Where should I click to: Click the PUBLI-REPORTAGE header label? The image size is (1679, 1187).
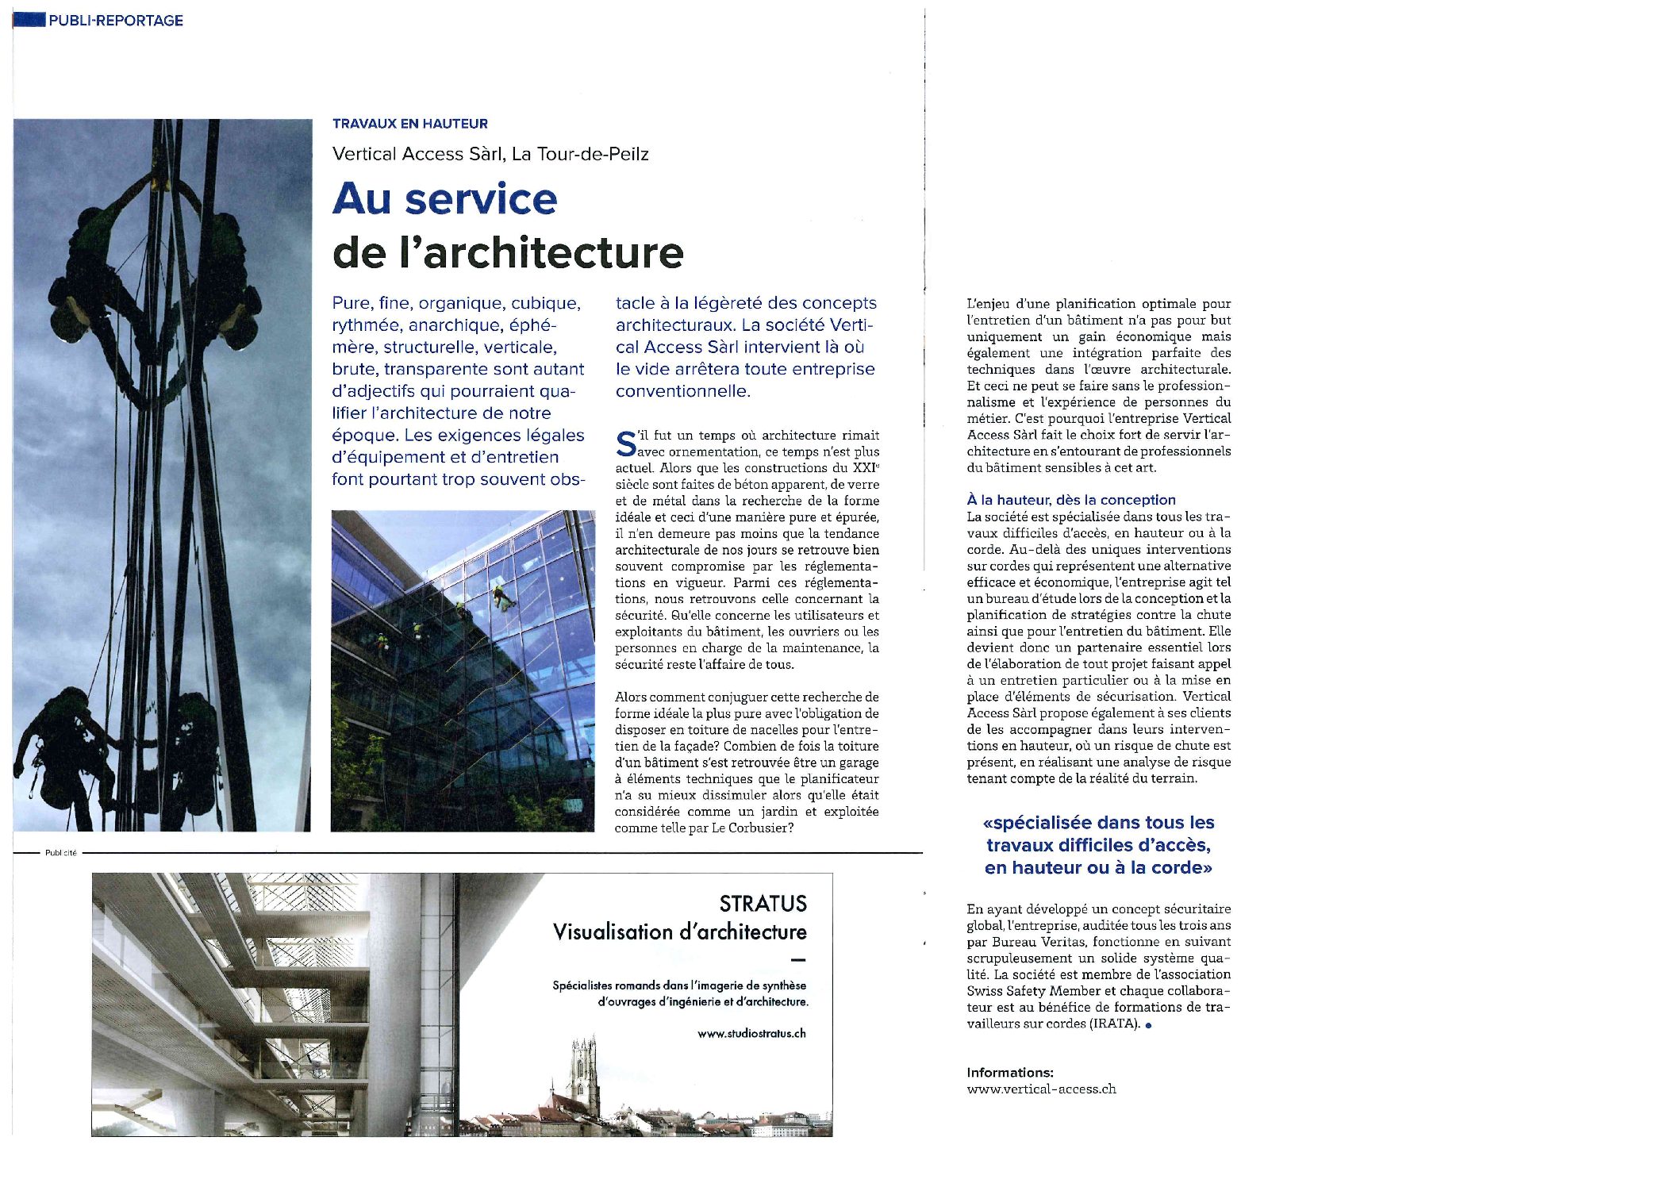pos(115,21)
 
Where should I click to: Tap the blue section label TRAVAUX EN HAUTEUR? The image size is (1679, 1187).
pos(410,124)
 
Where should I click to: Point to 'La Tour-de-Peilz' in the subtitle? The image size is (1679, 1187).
pos(580,154)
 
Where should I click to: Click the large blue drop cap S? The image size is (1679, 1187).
pos(626,444)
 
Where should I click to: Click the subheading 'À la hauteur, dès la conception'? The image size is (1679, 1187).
pos(1070,500)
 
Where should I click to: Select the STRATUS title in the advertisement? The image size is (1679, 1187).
pos(763,904)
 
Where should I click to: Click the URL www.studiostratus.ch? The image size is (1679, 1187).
pos(751,1034)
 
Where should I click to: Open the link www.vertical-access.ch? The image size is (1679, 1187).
pos(1041,1089)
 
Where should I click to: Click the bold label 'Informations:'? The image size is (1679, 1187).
pos(1009,1073)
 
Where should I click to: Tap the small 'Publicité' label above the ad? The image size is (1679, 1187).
pos(61,853)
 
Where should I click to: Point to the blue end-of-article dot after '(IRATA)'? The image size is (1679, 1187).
pos(1148,1025)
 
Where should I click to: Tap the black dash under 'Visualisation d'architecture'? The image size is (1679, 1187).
pos(798,960)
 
